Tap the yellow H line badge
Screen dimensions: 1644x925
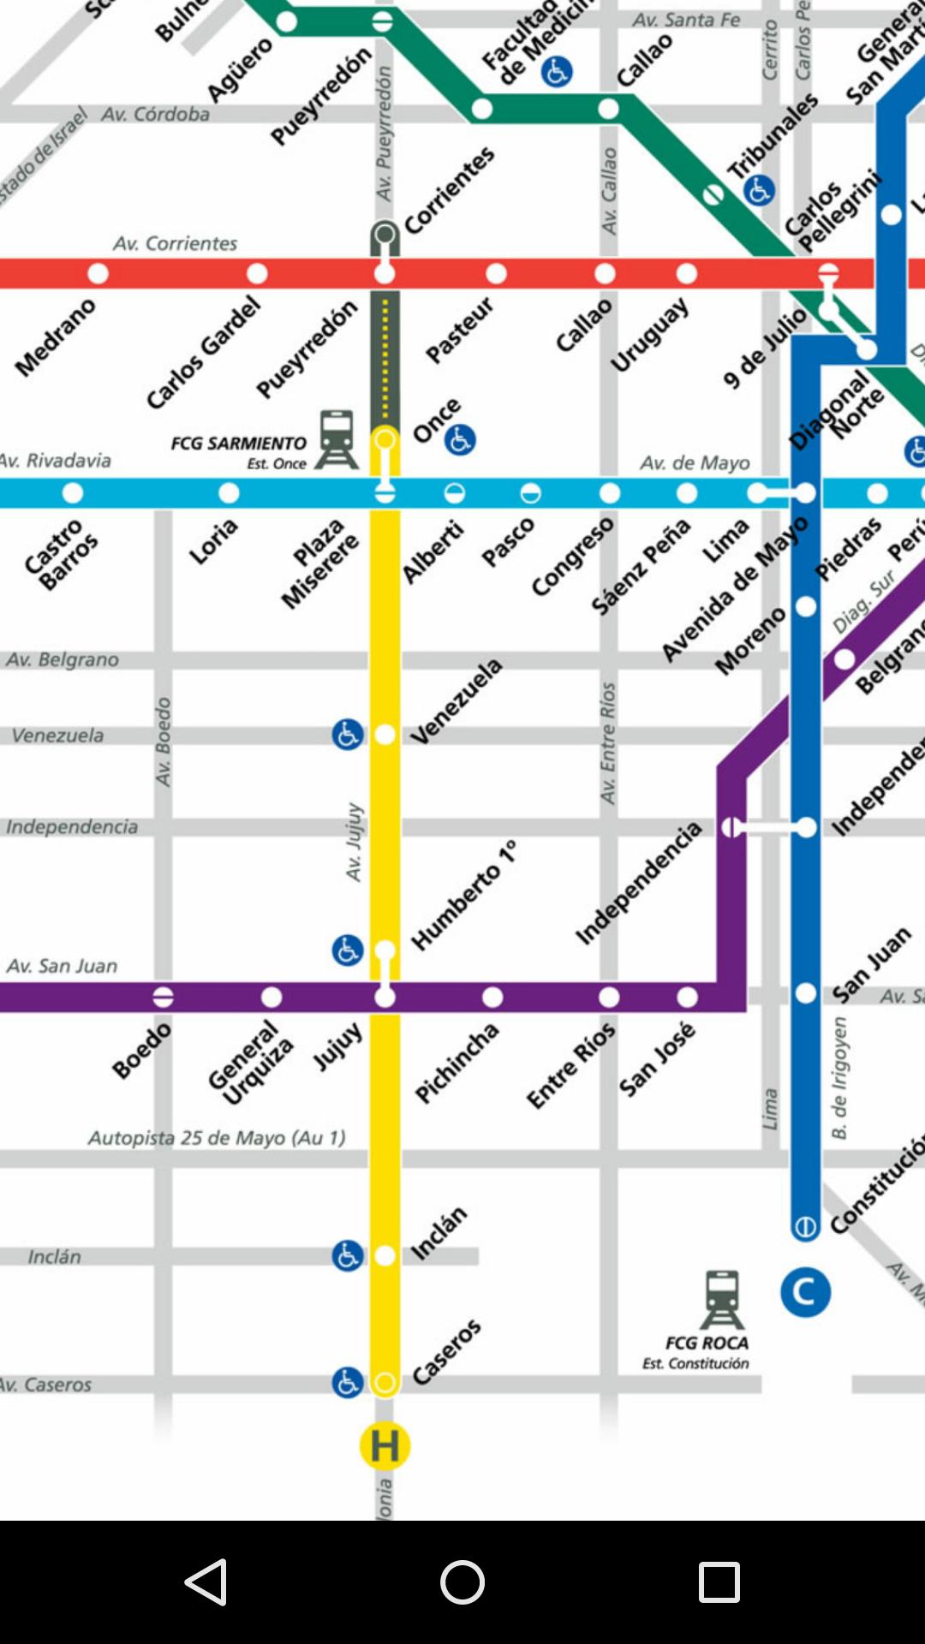[x=385, y=1446]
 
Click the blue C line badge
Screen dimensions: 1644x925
[x=805, y=1292]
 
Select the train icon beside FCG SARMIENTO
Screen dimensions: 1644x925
[x=337, y=439]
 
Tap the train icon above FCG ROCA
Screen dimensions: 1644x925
[x=722, y=1300]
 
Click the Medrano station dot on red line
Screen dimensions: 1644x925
[x=98, y=274]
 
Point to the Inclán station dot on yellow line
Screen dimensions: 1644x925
[x=385, y=1256]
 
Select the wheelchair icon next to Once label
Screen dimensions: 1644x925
[x=460, y=440]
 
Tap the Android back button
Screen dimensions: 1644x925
[x=206, y=1582]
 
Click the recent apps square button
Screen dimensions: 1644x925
[x=719, y=1582]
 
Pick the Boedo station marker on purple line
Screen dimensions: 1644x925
[x=164, y=998]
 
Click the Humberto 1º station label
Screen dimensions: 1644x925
[x=465, y=896]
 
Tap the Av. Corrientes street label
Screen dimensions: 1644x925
[x=176, y=244]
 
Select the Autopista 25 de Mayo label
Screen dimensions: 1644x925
[x=217, y=1138]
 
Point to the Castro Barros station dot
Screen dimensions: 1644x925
[x=73, y=493]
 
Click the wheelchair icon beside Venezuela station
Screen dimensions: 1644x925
[x=348, y=735]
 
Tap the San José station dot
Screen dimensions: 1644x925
[x=687, y=998]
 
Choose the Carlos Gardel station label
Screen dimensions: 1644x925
[x=203, y=353]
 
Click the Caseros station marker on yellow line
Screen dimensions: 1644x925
[x=385, y=1384]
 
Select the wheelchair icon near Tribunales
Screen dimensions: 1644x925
[x=759, y=190]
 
